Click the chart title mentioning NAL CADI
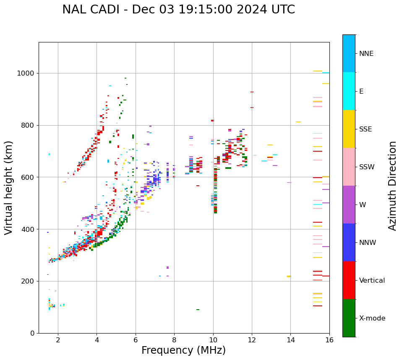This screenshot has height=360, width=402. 178,10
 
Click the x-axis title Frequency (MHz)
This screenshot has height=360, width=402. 183,350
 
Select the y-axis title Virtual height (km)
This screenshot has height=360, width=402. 9,188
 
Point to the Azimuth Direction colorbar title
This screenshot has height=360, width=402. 392,186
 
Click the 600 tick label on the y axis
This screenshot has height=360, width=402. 29,177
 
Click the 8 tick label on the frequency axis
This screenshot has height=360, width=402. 174,340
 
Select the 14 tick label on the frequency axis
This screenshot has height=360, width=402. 290,340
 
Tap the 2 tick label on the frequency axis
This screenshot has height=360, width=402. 58,340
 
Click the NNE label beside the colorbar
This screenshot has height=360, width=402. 366,54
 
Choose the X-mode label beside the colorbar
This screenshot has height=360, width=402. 372,318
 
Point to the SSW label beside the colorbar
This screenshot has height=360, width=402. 367,167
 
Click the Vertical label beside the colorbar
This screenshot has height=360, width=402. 372,281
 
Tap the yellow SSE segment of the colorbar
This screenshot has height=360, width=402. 349,129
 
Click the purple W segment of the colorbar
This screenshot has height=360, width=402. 349,205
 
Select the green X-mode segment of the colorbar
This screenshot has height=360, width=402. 349,318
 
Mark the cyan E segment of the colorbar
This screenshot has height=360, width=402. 349,91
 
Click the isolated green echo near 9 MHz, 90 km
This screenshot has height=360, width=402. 198,310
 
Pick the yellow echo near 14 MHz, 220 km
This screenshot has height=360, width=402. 289,276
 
